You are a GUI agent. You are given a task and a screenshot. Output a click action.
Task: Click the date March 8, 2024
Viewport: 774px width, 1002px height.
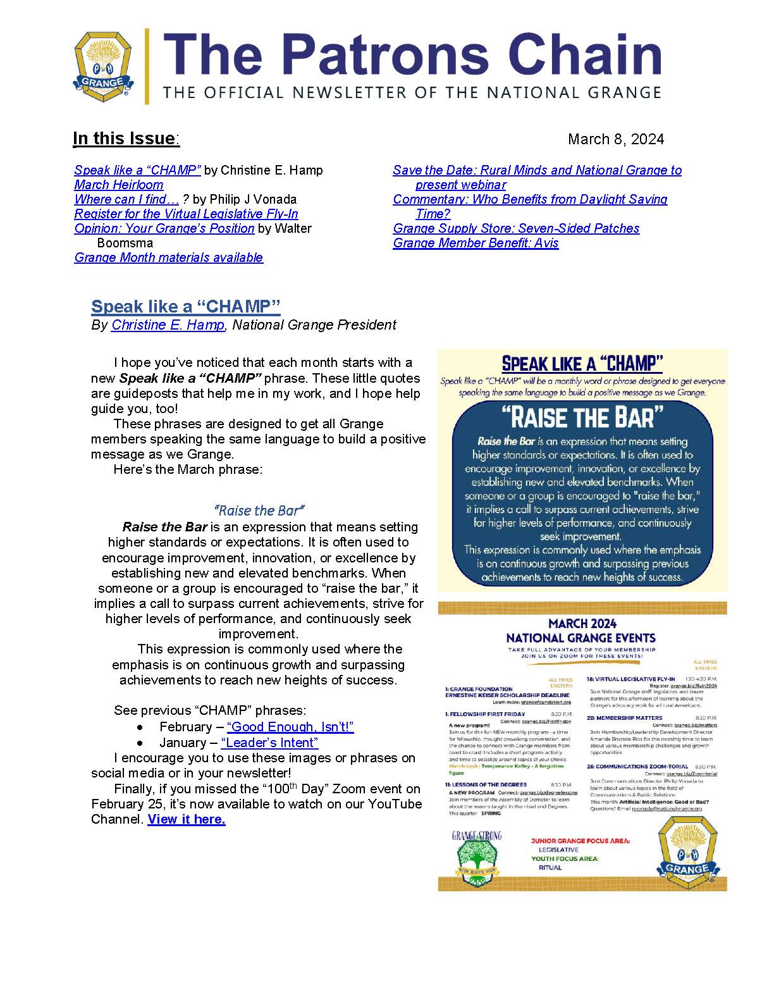pyautogui.click(x=615, y=139)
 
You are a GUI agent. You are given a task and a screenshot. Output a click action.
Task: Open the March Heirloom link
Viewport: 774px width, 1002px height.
pyautogui.click(x=119, y=185)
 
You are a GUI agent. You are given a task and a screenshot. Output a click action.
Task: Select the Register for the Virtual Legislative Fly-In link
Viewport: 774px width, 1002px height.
pyautogui.click(x=186, y=214)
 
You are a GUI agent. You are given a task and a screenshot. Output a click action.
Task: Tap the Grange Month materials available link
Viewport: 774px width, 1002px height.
pyautogui.click(x=168, y=257)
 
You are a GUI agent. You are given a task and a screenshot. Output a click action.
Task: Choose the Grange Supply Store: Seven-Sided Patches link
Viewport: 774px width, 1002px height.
pyautogui.click(x=516, y=228)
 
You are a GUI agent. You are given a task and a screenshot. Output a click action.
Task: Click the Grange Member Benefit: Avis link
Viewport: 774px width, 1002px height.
pyautogui.click(x=476, y=243)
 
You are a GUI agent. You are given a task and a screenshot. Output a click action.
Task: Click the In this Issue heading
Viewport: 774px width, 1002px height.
pyautogui.click(x=126, y=139)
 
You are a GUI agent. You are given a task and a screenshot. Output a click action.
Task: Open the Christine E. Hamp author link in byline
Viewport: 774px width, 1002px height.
pyautogui.click(x=168, y=325)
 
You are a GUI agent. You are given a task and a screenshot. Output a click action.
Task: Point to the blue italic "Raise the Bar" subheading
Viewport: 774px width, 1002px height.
pyautogui.click(x=259, y=510)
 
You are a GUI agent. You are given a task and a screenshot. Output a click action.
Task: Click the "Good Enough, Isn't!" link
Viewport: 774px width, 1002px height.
pyautogui.click(x=290, y=727)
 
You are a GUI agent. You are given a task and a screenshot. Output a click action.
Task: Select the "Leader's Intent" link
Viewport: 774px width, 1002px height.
pyautogui.click(x=269, y=743)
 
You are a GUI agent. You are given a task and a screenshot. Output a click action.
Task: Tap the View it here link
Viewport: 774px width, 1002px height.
pyautogui.click(x=187, y=819)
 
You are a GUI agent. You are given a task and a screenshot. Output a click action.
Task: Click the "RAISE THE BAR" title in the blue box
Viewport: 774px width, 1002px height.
pyautogui.click(x=582, y=418)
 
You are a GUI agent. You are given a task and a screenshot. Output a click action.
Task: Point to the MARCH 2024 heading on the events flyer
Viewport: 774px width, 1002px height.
pyautogui.click(x=582, y=624)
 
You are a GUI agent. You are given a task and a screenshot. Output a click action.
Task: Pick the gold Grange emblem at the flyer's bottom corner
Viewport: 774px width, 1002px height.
pyautogui.click(x=687, y=852)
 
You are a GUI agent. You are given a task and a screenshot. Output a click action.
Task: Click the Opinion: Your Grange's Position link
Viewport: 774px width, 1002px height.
pyautogui.click(x=164, y=228)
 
